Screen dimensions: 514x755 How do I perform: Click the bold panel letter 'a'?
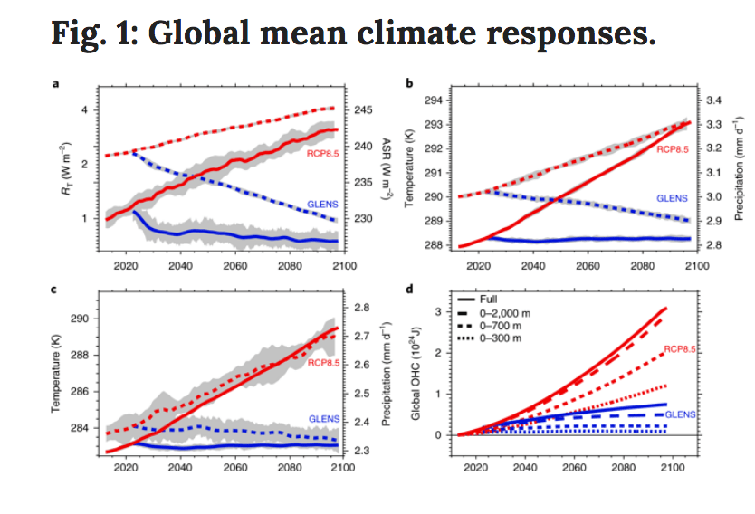(x=56, y=84)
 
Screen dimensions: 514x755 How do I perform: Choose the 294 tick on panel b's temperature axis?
(x=433, y=100)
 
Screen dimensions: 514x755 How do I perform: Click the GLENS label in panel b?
(x=671, y=197)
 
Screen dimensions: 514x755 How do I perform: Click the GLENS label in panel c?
(x=323, y=419)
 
